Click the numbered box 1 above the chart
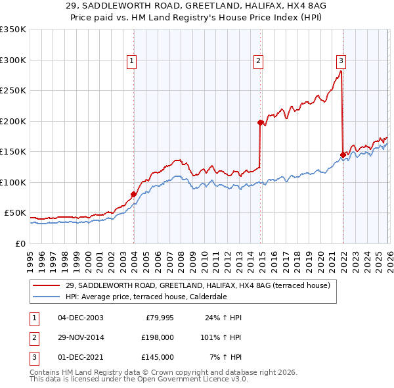pos(131,61)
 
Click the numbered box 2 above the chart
pos(258,61)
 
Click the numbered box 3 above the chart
pos(341,61)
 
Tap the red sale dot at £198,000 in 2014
pos(261,122)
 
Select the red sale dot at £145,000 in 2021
pos(343,155)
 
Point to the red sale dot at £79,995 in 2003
pos(133,194)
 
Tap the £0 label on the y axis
pos(20,243)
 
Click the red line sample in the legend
pos(47,285)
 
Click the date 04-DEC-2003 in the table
pos(80,318)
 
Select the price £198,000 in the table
pos(158,337)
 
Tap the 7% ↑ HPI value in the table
pos(225,357)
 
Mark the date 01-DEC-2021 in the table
pos(80,357)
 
